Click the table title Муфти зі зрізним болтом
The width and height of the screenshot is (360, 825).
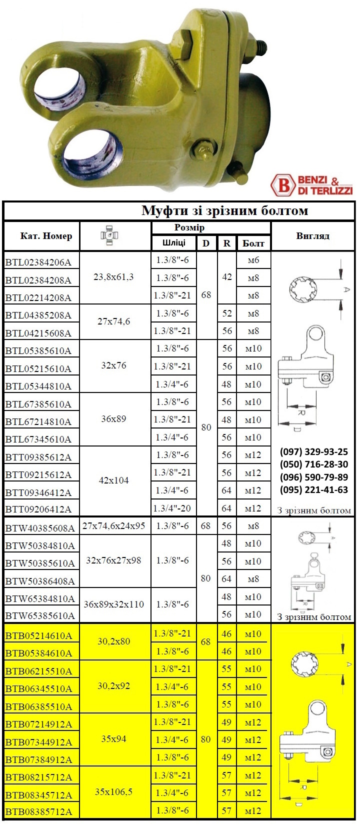coord(224,210)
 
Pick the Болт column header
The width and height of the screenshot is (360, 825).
coord(253,243)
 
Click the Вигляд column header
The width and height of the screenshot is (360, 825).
coord(312,236)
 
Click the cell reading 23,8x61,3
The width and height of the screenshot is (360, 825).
coord(114,277)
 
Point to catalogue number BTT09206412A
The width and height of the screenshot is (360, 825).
coord(38,509)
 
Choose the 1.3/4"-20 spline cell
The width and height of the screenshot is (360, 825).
coord(172,508)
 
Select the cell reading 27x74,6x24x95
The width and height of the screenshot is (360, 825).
coord(114,526)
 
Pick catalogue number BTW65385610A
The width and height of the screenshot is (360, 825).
coord(40,615)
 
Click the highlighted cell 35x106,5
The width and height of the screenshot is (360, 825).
coord(114,792)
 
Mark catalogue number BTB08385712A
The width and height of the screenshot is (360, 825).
coord(38,812)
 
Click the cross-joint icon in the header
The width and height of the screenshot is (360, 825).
coord(114,235)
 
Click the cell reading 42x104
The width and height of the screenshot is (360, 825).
coord(114,480)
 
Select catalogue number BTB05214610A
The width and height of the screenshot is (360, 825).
coord(38,636)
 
